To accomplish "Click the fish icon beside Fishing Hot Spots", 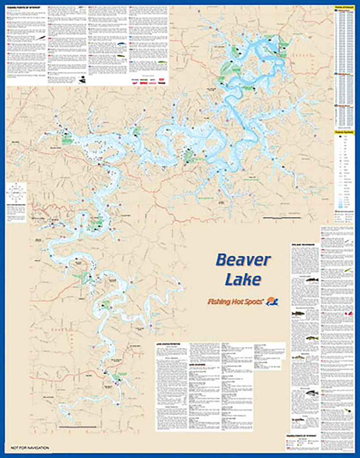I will coord(272,302).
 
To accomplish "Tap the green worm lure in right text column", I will coord(347,271).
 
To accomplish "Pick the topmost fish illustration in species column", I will coord(312,280).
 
